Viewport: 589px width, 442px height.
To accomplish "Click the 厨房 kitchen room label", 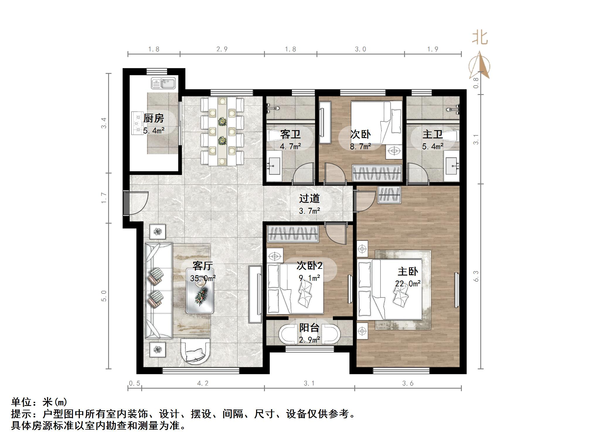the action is (x=154, y=118).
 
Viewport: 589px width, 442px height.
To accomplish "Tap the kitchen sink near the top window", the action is (x=163, y=83).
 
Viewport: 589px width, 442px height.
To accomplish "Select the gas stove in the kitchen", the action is (x=137, y=123).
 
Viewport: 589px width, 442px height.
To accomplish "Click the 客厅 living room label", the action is (x=202, y=266).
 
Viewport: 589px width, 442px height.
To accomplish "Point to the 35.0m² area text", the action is (x=203, y=278).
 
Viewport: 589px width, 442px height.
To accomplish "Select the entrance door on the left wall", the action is (x=126, y=203).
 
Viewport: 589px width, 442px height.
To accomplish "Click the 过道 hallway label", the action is (x=309, y=198).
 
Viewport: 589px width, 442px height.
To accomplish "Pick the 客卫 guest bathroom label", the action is (x=290, y=134).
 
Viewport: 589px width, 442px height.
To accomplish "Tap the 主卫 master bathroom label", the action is (x=433, y=134).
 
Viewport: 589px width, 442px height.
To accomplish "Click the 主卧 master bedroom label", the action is (x=408, y=271).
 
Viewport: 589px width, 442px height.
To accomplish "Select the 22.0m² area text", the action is (x=408, y=283).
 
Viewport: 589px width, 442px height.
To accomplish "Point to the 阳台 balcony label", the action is (x=309, y=328).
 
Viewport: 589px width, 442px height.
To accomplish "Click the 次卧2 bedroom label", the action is (x=309, y=266).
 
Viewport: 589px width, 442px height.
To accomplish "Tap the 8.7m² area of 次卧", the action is (x=360, y=146).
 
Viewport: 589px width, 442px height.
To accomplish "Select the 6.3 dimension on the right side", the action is (x=476, y=276).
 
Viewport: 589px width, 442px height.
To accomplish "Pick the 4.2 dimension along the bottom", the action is (x=202, y=383).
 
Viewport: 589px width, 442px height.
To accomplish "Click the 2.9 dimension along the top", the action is (x=222, y=49).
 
